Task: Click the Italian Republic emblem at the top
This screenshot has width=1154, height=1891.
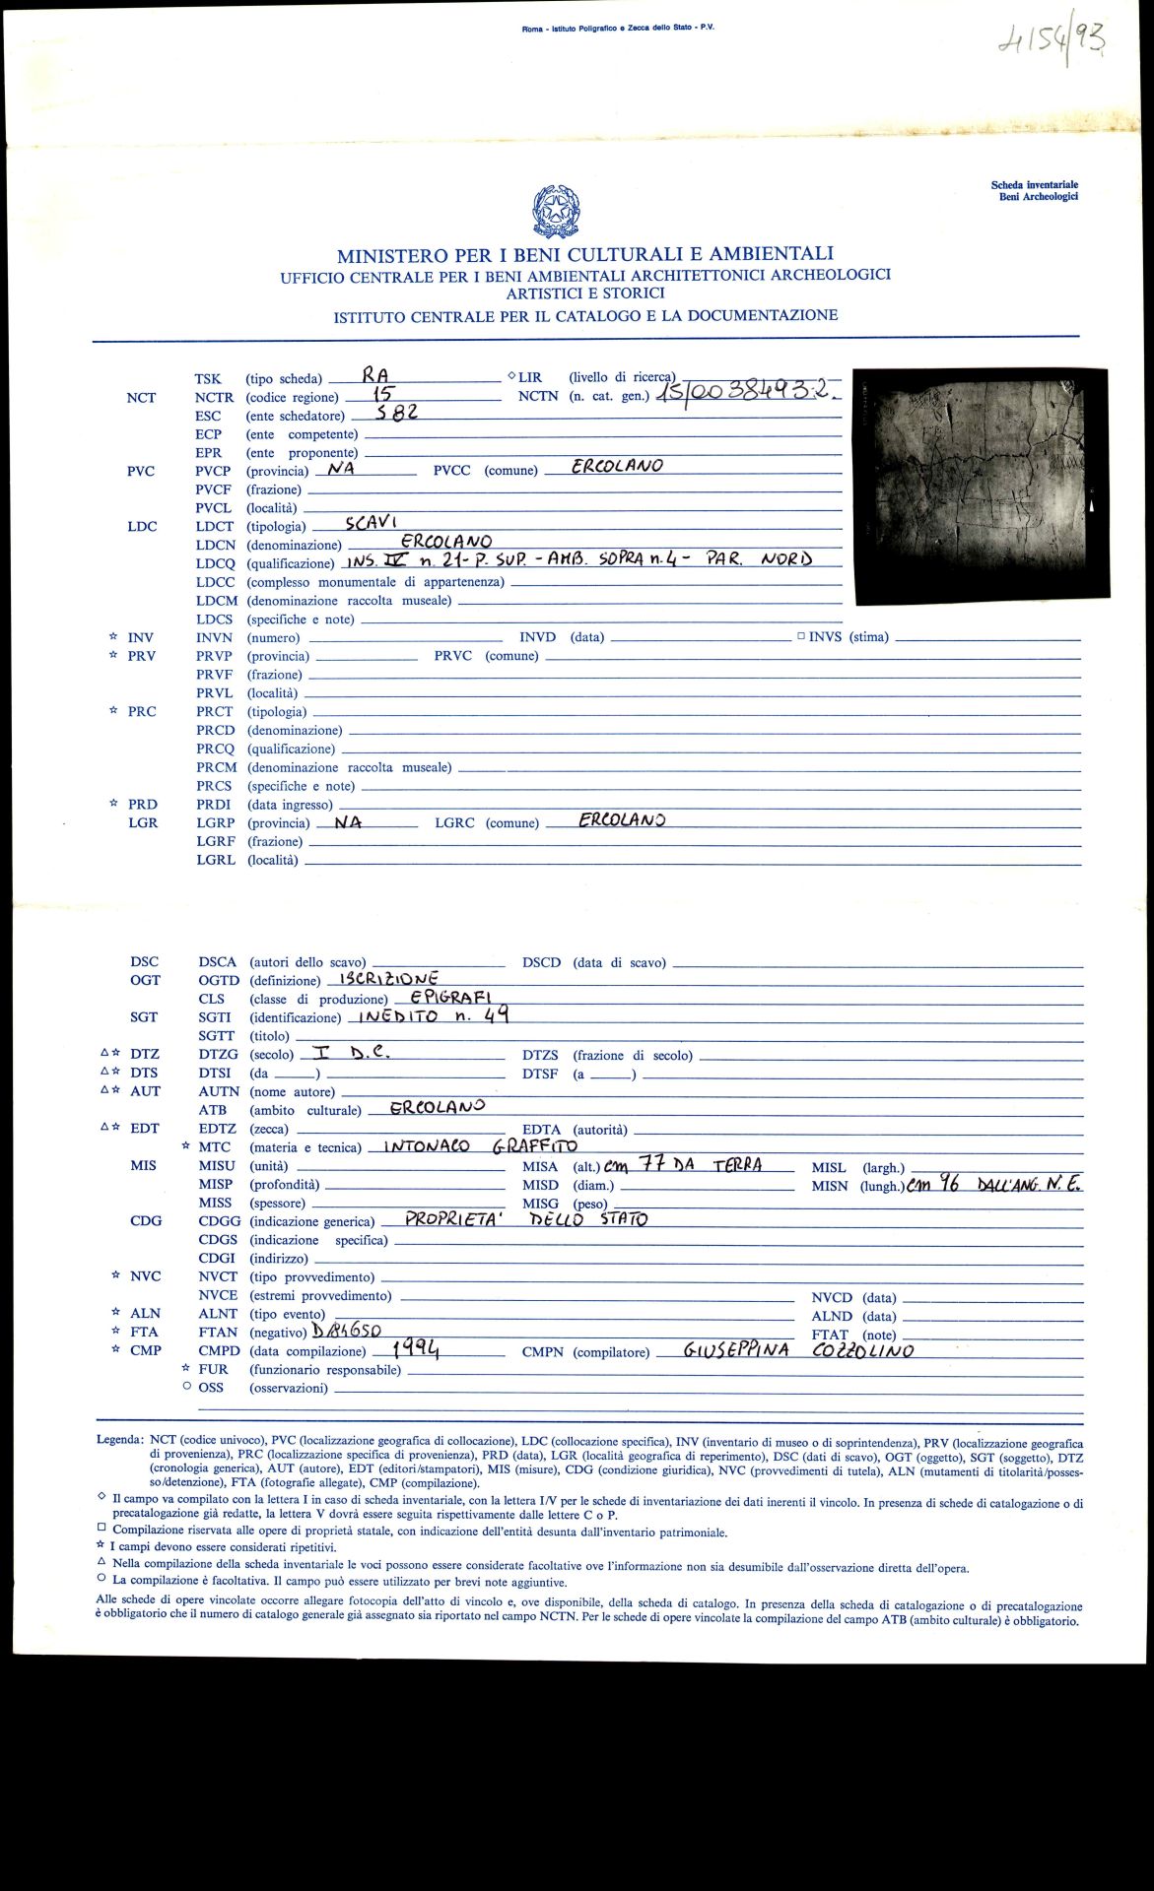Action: pos(555,212)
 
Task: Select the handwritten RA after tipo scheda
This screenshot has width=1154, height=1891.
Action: pos(375,375)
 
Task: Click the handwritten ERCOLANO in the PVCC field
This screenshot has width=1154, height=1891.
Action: pos(617,466)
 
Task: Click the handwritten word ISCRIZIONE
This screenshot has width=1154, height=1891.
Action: pos(388,979)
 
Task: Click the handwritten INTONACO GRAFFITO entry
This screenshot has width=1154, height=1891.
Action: pos(480,1145)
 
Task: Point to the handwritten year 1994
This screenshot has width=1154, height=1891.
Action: pos(415,1348)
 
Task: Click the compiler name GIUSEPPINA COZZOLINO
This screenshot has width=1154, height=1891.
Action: pos(798,1350)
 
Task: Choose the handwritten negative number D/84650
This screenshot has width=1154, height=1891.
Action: pos(346,1330)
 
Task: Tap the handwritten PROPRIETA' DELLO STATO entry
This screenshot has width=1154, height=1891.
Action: pos(526,1218)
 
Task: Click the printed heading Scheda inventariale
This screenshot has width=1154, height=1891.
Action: pos(1034,184)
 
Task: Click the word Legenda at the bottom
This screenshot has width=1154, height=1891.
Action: pos(119,1439)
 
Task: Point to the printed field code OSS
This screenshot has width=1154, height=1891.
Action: pos(211,1388)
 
